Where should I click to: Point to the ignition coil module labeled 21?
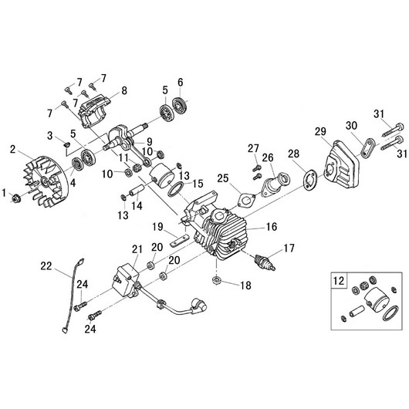(x=123, y=278)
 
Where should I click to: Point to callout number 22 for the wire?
(x=46, y=266)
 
